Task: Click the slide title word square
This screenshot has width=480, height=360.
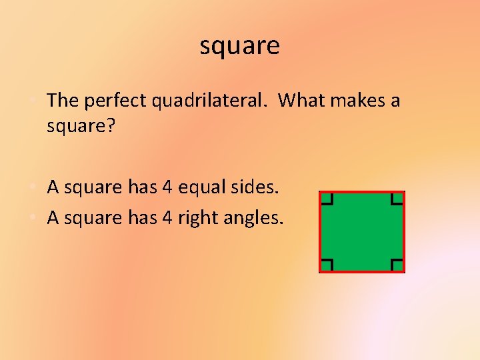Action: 239,47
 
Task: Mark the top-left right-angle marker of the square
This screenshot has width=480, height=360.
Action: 327,199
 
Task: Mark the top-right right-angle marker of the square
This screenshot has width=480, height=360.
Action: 397,199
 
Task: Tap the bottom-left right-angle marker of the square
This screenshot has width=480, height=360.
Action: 327,264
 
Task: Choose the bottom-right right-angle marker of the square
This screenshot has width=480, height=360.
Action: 397,264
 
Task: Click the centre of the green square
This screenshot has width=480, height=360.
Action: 362,231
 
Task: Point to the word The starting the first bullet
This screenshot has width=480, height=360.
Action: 63,101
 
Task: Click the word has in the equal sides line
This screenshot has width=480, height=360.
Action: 141,187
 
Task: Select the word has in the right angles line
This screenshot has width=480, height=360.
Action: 141,217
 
